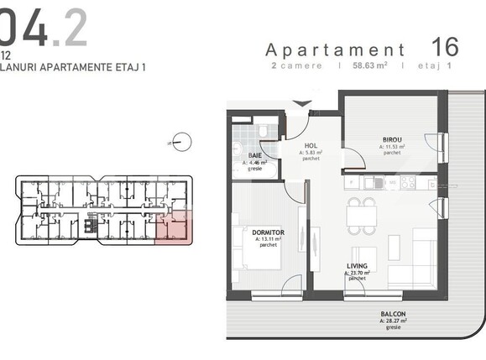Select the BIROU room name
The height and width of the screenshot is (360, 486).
point(392,139)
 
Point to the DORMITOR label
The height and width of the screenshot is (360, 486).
point(269,232)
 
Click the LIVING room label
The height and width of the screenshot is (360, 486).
point(358,266)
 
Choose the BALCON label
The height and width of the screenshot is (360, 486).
point(393,315)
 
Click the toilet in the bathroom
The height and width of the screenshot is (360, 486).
point(262,132)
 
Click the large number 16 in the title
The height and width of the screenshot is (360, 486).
point(446,46)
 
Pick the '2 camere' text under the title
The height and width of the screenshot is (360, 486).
point(296,65)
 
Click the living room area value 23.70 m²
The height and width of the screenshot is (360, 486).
point(358,274)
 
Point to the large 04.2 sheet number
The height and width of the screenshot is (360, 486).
point(42,27)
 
